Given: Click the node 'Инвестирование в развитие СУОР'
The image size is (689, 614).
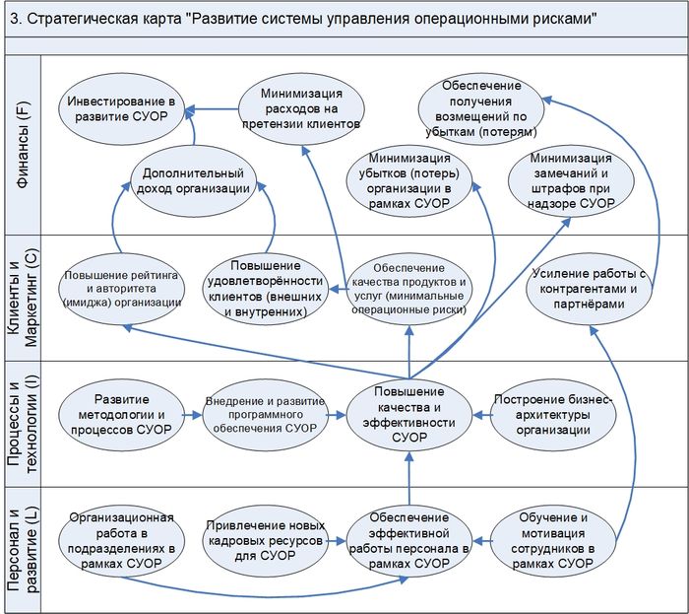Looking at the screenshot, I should coord(120,108).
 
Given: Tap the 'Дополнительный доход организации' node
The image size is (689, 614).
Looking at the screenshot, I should coord(194,178).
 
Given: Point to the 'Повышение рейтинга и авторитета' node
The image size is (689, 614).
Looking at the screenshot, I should coord(121,289).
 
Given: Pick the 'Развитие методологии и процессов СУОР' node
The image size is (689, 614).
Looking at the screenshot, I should coord(121,415).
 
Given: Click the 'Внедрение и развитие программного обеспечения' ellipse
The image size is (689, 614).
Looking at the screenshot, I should coord(263,415).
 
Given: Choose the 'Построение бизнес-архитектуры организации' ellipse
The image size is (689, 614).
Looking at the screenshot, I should coord(552,415).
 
